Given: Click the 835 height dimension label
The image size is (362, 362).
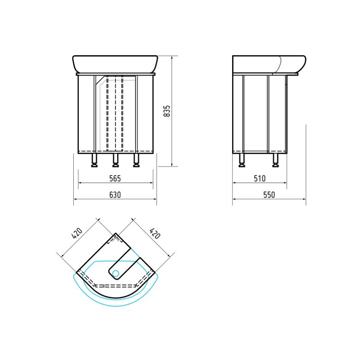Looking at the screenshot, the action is [167, 111].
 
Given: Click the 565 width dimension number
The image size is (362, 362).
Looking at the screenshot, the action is [115, 178].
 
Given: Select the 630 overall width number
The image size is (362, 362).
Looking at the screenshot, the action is [115, 195].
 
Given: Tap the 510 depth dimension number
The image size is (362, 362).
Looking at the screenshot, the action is [260, 178].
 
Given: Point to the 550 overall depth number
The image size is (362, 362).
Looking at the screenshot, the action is [269, 195].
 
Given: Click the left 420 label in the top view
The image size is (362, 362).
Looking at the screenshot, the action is [77, 233].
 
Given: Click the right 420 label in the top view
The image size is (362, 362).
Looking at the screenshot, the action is [155, 233].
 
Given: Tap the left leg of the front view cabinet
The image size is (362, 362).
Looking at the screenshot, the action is [95, 160].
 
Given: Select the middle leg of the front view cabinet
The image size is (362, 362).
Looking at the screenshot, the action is [115, 160].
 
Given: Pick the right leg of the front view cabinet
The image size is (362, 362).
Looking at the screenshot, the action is [137, 160].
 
